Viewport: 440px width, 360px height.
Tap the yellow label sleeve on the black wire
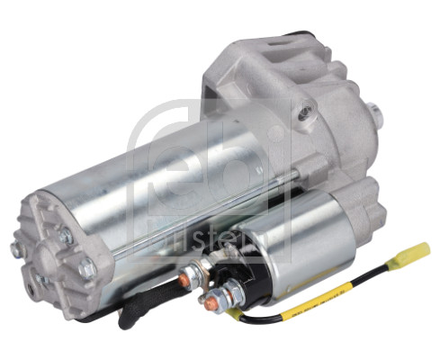(x=307, y=297)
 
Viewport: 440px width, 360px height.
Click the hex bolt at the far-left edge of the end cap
(x=15, y=248)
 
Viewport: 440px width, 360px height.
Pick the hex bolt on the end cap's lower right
(x=86, y=268)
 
